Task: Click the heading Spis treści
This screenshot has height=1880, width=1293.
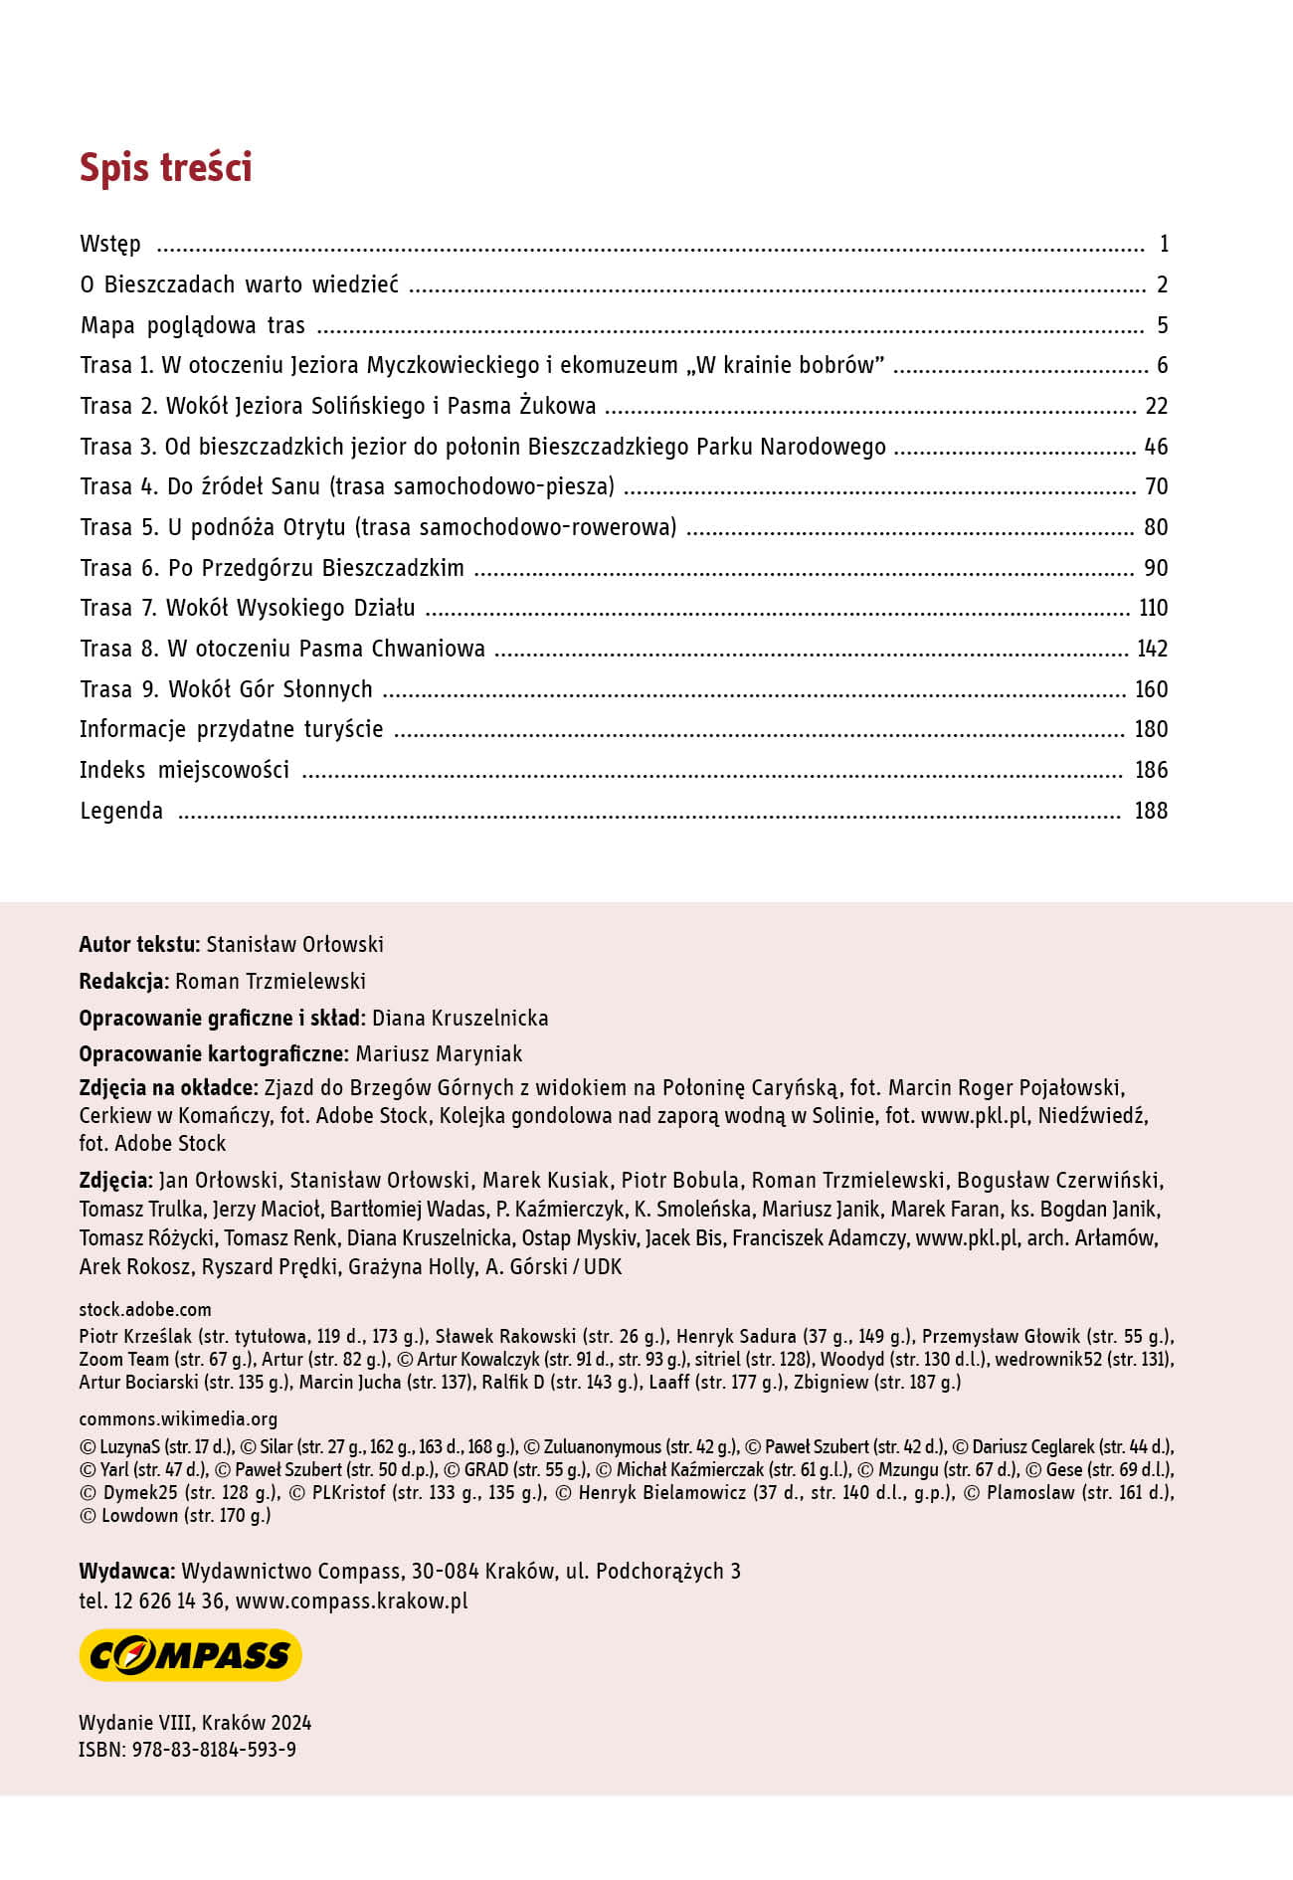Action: point(165,167)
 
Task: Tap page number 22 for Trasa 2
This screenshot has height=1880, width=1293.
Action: point(1156,406)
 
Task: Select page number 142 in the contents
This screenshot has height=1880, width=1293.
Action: point(1152,649)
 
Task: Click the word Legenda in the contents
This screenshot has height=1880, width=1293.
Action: point(121,811)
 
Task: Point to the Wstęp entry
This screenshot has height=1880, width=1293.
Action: point(110,244)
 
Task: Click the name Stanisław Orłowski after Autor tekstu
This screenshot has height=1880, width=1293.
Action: point(294,944)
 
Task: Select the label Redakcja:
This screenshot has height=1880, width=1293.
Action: point(123,981)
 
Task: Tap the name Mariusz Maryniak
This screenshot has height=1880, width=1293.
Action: point(439,1053)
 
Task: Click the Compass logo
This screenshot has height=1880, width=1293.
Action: point(190,1654)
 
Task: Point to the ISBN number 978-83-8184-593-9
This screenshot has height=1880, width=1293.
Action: point(214,1749)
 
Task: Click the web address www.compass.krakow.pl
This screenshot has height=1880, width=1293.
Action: point(351,1600)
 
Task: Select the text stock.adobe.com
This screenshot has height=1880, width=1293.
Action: point(145,1309)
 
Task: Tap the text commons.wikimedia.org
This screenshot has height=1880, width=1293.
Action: point(178,1418)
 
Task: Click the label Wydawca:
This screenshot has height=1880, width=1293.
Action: point(127,1571)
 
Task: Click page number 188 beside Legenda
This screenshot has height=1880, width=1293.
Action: point(1151,811)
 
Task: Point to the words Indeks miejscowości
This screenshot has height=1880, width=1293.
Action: point(184,770)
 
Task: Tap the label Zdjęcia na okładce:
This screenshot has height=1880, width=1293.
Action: point(168,1087)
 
